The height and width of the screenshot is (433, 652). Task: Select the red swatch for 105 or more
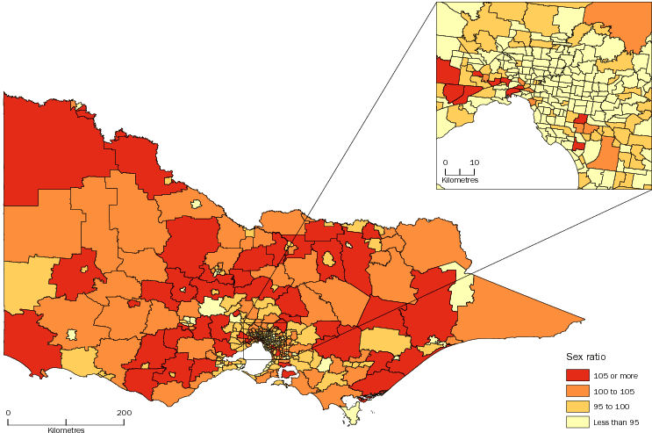(x=577, y=375)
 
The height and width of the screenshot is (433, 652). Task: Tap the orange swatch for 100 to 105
(x=577, y=391)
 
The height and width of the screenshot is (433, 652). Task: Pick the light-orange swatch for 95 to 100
(x=577, y=407)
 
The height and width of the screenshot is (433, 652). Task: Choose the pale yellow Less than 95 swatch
(x=577, y=422)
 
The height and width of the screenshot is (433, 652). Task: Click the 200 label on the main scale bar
(x=124, y=413)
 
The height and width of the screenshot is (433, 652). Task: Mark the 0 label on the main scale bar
(x=8, y=413)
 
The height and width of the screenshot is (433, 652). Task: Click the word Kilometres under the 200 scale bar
(x=67, y=429)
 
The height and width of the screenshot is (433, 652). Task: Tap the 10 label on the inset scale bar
(x=474, y=162)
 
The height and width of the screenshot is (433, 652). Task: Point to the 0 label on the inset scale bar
(x=445, y=162)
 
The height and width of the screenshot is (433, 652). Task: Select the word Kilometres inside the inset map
(x=460, y=179)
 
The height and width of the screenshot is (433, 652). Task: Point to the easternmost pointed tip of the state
(x=584, y=318)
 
